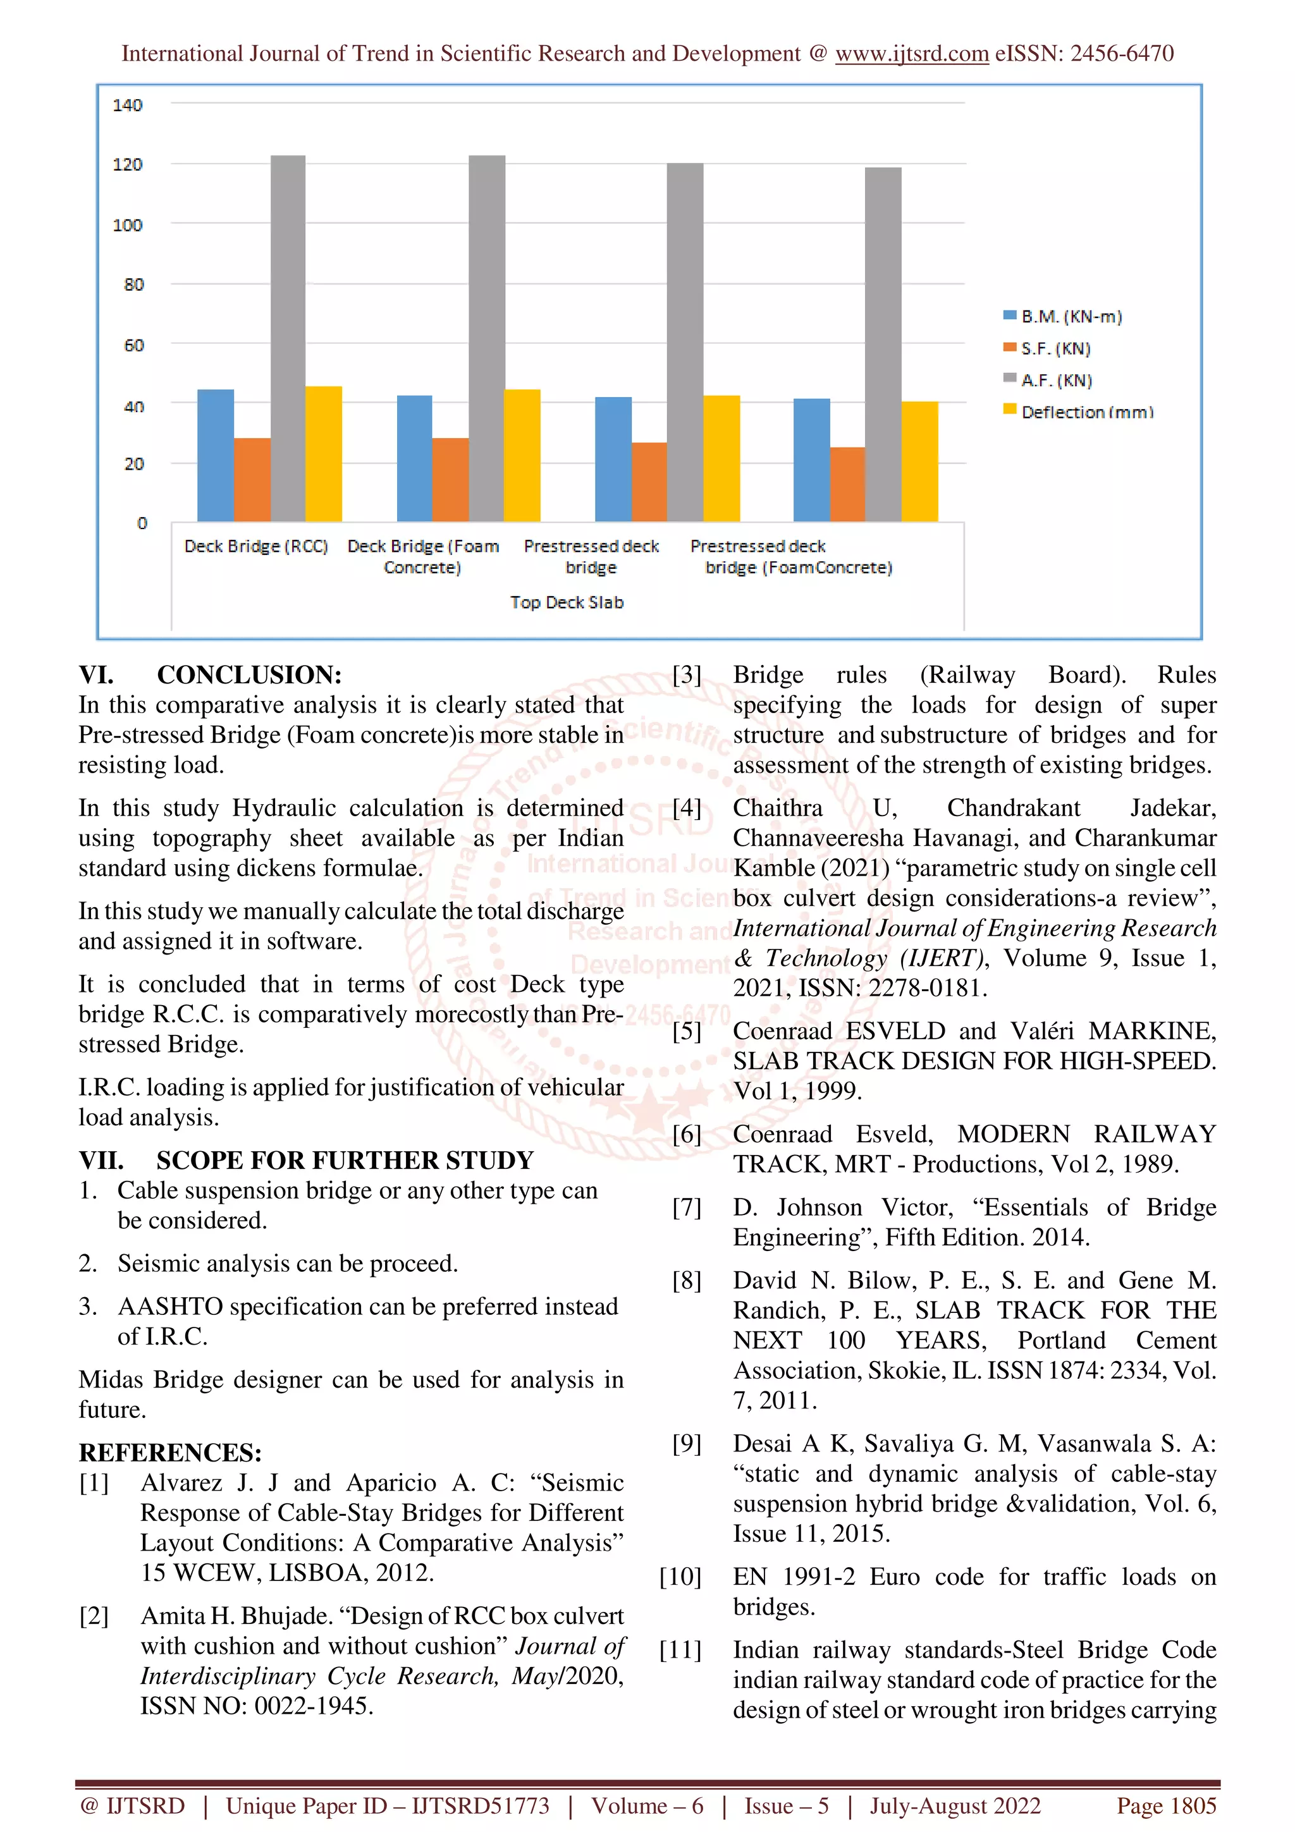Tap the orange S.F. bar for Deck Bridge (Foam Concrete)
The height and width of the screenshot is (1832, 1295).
pos(450,480)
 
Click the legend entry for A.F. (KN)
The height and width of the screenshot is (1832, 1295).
pos(1055,381)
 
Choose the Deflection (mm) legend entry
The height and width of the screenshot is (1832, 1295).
pos(1086,413)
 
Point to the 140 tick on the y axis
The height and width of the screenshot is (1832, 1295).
pos(127,104)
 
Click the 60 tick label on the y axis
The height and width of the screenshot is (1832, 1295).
pos(133,346)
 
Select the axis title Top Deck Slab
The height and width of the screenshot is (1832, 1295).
pos(567,602)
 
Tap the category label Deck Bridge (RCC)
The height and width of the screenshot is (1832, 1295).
pos(255,547)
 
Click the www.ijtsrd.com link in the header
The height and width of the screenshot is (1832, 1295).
pos(911,54)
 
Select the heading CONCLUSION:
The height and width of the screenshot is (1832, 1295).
pos(249,675)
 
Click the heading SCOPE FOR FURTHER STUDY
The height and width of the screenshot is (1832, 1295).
pos(345,1160)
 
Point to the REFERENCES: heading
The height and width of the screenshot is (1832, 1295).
pos(170,1452)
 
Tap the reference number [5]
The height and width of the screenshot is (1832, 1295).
pos(686,1031)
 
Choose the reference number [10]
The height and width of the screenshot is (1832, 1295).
pos(680,1577)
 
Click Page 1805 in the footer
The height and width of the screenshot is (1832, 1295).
pos(1166,1805)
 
